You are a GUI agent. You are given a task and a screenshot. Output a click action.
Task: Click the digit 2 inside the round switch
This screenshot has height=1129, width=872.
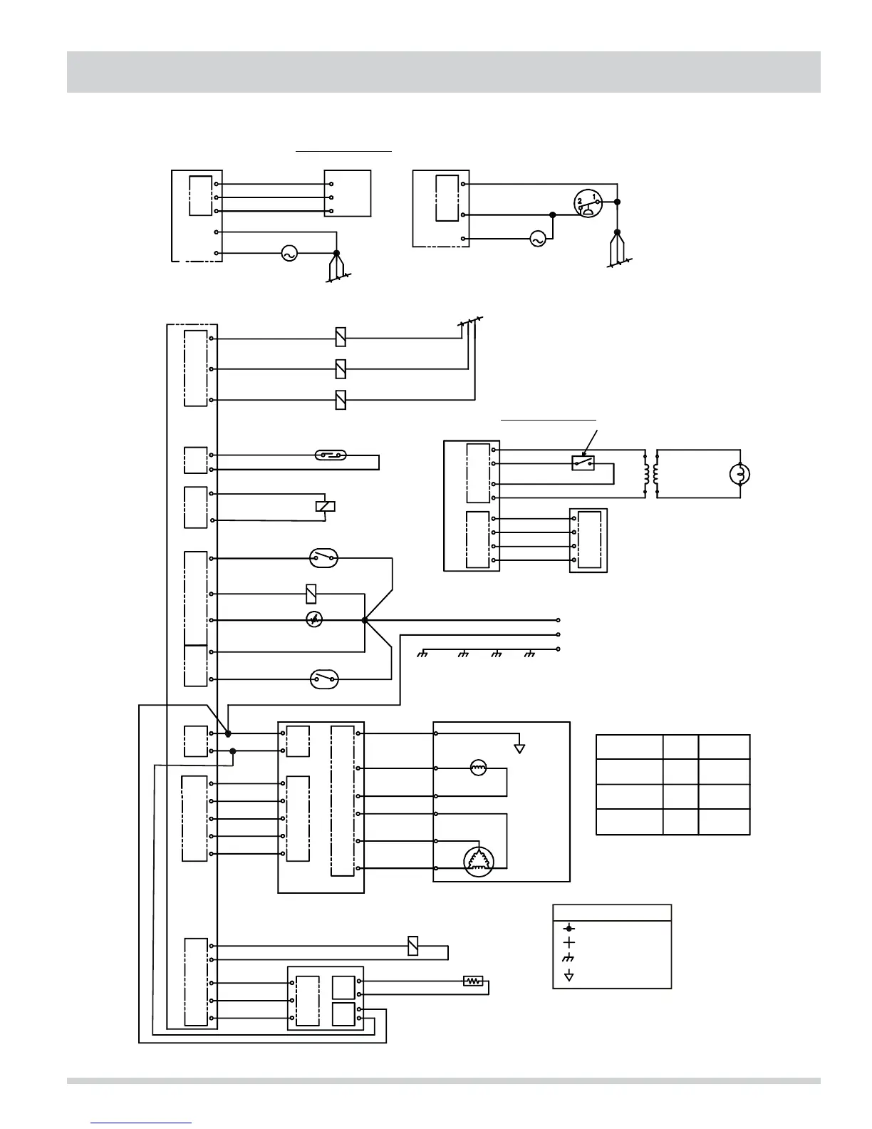click(x=581, y=202)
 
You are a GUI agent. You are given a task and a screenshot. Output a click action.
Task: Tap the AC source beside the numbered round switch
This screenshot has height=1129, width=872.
click(x=538, y=240)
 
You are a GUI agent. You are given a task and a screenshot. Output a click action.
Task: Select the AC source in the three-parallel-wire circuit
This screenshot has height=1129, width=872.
click(x=289, y=253)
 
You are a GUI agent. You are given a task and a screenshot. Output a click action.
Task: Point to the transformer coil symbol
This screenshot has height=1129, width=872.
click(x=651, y=474)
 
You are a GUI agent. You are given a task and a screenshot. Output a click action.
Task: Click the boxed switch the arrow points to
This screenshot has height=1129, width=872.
click(x=583, y=463)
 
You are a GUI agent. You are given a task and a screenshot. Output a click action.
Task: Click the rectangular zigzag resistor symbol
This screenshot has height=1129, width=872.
click(x=472, y=981)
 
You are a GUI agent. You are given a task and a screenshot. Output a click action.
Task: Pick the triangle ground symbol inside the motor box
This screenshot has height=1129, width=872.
click(x=520, y=748)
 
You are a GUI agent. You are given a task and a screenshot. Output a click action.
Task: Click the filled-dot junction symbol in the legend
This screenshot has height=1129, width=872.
click(x=569, y=928)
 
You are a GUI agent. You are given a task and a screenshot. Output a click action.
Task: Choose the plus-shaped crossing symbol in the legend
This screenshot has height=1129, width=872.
click(x=569, y=944)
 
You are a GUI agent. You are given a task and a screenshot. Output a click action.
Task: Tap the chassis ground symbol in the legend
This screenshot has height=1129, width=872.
click(x=569, y=960)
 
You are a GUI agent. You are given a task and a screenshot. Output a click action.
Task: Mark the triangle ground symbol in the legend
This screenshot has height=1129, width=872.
click(x=569, y=976)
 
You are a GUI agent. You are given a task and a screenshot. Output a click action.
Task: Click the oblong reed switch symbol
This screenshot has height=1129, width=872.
click(x=331, y=455)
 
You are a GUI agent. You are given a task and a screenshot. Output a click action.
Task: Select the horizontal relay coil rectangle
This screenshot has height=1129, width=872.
click(x=325, y=507)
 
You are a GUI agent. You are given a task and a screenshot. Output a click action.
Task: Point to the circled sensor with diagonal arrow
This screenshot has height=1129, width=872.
click(x=314, y=621)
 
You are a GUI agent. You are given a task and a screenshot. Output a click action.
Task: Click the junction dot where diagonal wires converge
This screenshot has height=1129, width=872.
click(x=365, y=620)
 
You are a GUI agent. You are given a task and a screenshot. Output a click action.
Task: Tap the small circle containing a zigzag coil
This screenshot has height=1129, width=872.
click(x=478, y=768)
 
